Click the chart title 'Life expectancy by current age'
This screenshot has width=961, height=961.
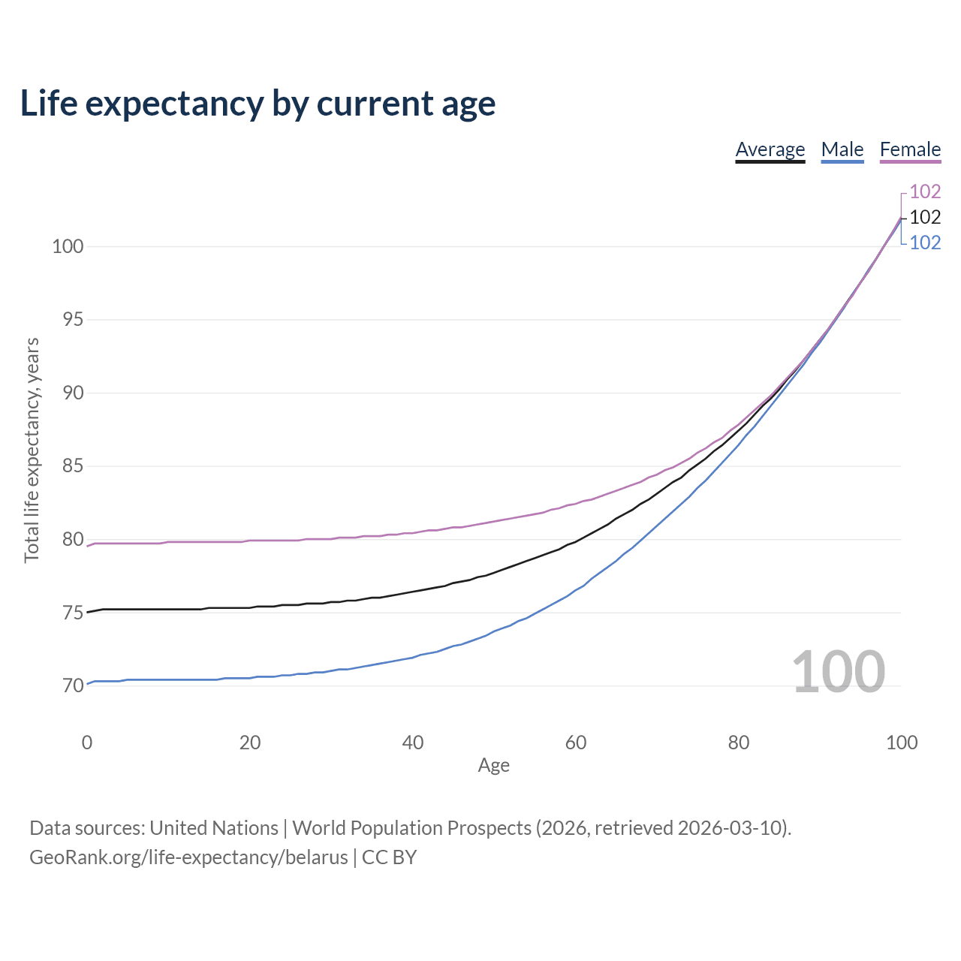point(258,104)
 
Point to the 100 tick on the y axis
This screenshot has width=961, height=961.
point(68,246)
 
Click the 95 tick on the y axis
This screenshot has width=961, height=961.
point(73,320)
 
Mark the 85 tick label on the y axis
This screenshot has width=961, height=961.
point(73,466)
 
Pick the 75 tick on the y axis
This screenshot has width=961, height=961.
point(73,613)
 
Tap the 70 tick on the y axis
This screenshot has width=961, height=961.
point(73,685)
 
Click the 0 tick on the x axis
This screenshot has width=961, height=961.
point(87,743)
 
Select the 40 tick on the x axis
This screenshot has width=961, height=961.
point(413,743)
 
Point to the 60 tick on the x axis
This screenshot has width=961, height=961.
point(576,743)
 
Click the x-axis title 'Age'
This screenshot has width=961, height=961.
point(494,766)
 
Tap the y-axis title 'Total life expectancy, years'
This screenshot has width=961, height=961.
point(32,450)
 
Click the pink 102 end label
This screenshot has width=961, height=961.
point(925,191)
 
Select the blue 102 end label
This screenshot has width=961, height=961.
point(925,243)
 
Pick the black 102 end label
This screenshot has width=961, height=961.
point(925,218)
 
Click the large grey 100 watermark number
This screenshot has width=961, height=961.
point(839,672)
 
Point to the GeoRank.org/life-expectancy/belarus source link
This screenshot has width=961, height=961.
point(188,857)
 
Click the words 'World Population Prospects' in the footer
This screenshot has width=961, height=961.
point(412,828)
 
